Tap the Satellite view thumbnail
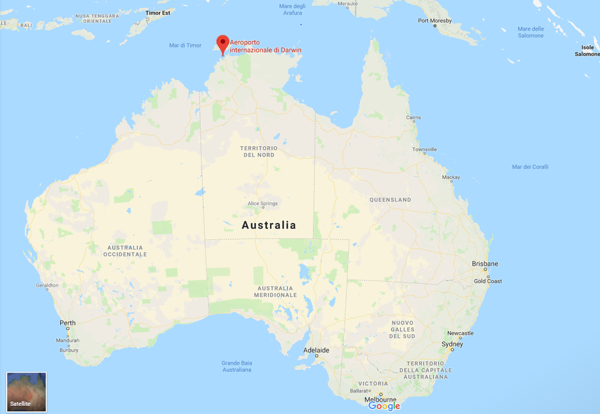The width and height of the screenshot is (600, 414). click(27, 392)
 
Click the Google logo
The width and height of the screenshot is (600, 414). click(385, 406)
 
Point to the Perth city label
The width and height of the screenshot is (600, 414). click(67, 323)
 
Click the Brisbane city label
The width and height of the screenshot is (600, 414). click(485, 264)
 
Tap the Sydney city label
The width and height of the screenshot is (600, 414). click(452, 345)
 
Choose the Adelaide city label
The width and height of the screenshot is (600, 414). click(316, 350)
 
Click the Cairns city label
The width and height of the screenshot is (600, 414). click(413, 118)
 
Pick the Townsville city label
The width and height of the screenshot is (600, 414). click(424, 150)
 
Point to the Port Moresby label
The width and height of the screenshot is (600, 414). click(435, 21)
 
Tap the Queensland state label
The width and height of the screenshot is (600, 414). click(390, 200)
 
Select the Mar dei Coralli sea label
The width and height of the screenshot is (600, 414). click(530, 167)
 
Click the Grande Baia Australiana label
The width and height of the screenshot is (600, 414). click(237, 367)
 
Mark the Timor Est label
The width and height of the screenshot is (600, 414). click(158, 12)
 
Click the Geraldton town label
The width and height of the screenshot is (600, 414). click(47, 285)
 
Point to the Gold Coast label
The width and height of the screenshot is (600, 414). click(488, 281)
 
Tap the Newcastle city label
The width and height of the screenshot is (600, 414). click(460, 333)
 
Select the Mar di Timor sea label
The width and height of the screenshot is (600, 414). click(185, 45)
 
